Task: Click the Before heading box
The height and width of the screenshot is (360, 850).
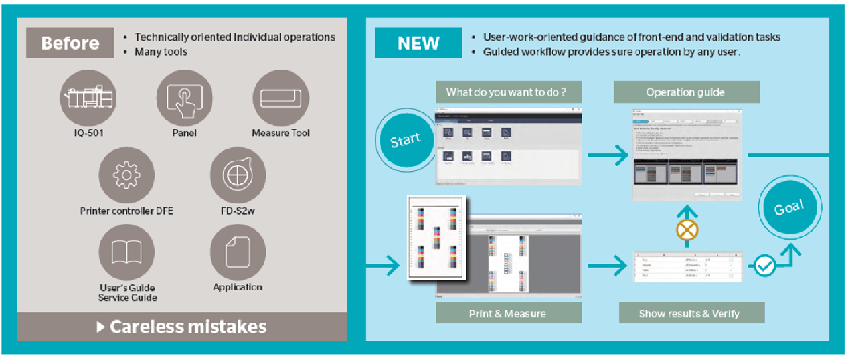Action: [x=70, y=43]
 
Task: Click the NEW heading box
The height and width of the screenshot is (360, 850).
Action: [x=418, y=43]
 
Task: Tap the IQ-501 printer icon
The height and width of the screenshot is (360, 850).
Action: [x=89, y=98]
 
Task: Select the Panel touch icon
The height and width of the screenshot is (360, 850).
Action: [x=185, y=98]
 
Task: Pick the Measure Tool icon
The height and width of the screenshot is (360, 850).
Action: [x=281, y=98]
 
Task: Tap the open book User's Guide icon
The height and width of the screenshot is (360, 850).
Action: [x=126, y=252]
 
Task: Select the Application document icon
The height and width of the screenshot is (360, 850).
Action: [x=238, y=252]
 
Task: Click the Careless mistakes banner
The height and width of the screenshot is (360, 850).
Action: [x=181, y=327]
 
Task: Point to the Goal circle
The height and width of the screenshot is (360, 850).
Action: [x=788, y=208]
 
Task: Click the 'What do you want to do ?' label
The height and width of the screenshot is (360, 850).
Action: [x=505, y=92]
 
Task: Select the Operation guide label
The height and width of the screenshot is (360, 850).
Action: [x=686, y=92]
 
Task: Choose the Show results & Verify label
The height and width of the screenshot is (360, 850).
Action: [x=689, y=313]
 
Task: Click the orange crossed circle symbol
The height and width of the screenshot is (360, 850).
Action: [x=686, y=230]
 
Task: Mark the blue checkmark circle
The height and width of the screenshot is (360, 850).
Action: [x=765, y=266]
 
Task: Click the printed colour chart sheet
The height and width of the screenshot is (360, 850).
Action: [x=436, y=243]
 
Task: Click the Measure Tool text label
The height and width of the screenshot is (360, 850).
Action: [x=281, y=133]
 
